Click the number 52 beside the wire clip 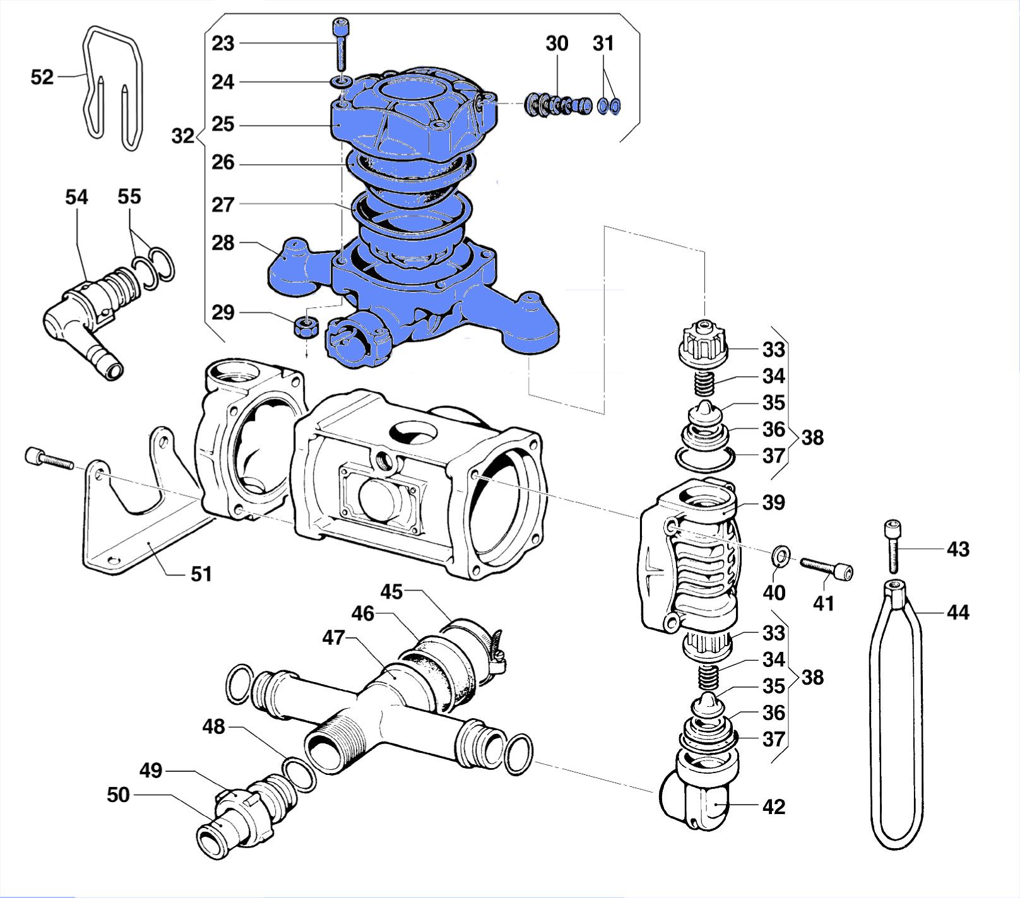click(x=42, y=77)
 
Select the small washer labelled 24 click(x=341, y=82)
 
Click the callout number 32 click(x=183, y=136)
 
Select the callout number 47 click(x=333, y=638)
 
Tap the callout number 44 click(x=958, y=612)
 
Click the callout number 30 click(x=557, y=44)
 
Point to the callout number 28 click(x=223, y=243)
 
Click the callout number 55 click(x=129, y=196)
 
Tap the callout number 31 click(x=603, y=44)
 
